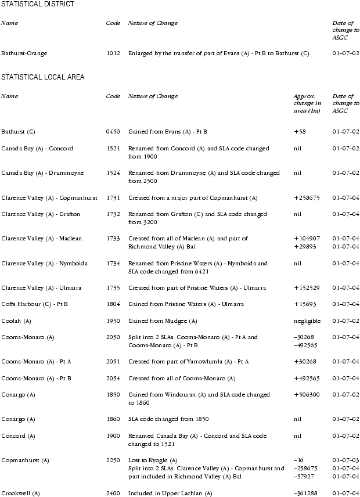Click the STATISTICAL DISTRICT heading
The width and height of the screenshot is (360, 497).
click(38, 4)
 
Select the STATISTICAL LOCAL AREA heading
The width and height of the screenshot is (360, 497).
click(43, 77)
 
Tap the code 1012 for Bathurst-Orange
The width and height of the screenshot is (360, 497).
click(113, 53)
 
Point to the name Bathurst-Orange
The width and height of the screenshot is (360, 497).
click(24, 53)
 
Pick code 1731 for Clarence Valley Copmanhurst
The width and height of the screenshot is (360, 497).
click(113, 198)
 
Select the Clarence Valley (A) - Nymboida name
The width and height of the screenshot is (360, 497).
click(45, 263)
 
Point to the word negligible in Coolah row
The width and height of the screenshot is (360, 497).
click(307, 320)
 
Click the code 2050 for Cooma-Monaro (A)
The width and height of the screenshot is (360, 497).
click(113, 337)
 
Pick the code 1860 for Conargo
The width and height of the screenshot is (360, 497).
click(113, 419)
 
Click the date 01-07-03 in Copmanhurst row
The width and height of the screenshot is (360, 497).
click(345, 460)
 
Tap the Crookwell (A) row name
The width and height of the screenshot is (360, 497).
click(20, 494)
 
